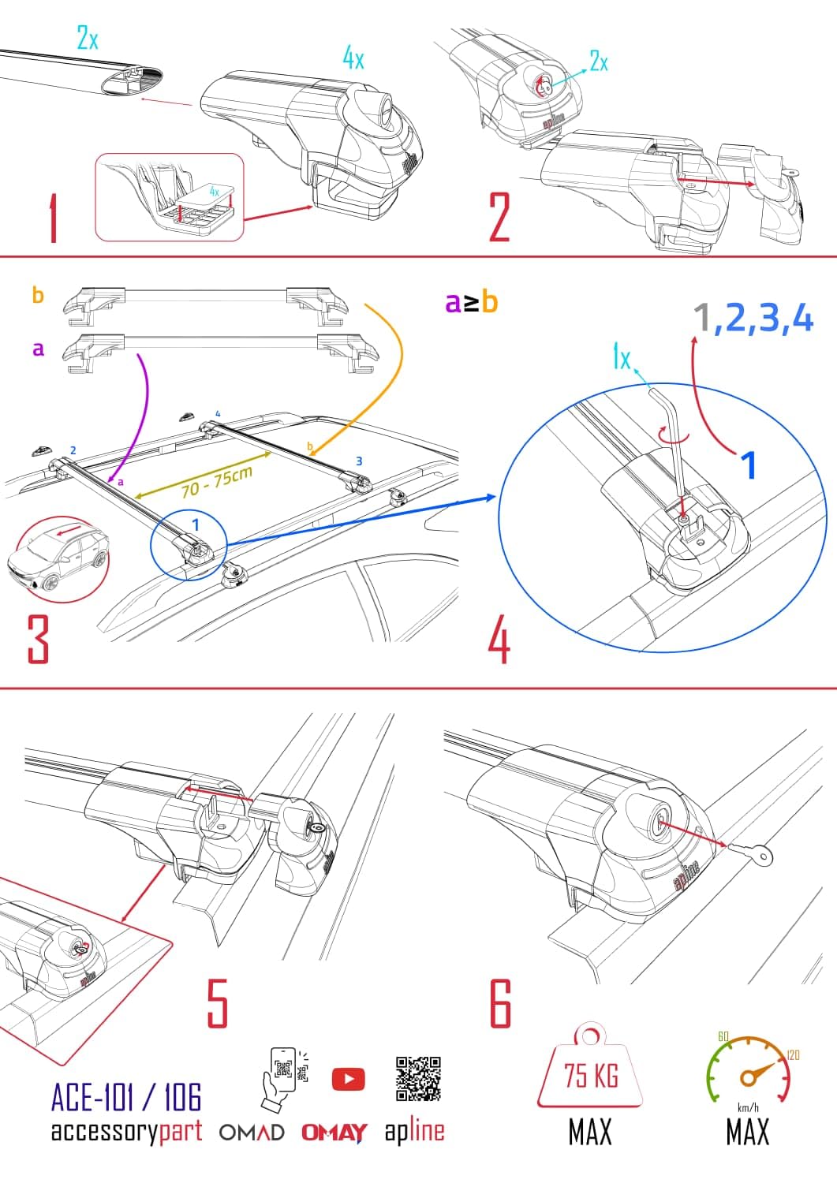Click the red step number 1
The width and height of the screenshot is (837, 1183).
(x=53, y=220)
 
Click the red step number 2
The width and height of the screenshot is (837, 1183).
(x=499, y=217)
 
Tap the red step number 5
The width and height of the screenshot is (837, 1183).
(x=217, y=1002)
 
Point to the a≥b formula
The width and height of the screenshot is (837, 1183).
(x=471, y=302)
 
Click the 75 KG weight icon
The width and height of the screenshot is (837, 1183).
(x=590, y=1068)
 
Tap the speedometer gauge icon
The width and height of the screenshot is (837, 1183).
(x=747, y=1069)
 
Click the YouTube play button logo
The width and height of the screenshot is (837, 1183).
(x=348, y=1078)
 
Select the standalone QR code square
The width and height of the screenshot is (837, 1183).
(x=418, y=1078)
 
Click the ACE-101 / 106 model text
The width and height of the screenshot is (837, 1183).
(x=126, y=1097)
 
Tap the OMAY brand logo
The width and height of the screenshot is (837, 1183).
(x=334, y=1133)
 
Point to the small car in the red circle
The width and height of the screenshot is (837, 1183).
(x=59, y=559)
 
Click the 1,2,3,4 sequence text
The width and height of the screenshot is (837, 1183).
(x=753, y=319)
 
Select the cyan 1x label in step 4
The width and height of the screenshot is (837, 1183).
(x=622, y=359)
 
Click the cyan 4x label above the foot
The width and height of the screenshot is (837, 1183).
(x=353, y=58)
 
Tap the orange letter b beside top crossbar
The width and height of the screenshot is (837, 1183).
(x=38, y=296)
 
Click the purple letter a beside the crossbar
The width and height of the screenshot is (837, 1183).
(x=38, y=348)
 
